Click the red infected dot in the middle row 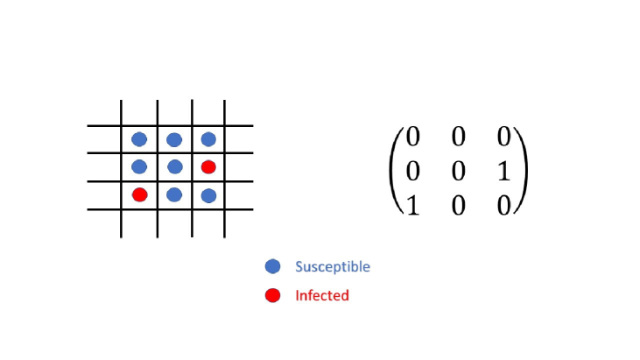coord(208,166)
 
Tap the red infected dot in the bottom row coord(139,194)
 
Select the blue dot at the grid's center coord(174,166)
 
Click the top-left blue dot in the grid coord(139,139)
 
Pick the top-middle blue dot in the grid coord(174,139)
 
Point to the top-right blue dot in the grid coord(208,139)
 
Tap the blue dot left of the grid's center coord(139,166)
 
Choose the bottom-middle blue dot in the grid coord(174,194)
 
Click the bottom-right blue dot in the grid coord(208,195)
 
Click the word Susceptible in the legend coord(333,266)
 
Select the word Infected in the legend coord(322,295)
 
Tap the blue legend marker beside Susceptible coord(272,266)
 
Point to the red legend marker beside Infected coord(272,295)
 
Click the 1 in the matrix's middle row coord(503,172)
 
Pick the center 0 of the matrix coord(458,172)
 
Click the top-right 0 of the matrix coord(503,138)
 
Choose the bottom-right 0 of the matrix coord(503,203)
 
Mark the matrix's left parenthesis coord(395,171)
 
